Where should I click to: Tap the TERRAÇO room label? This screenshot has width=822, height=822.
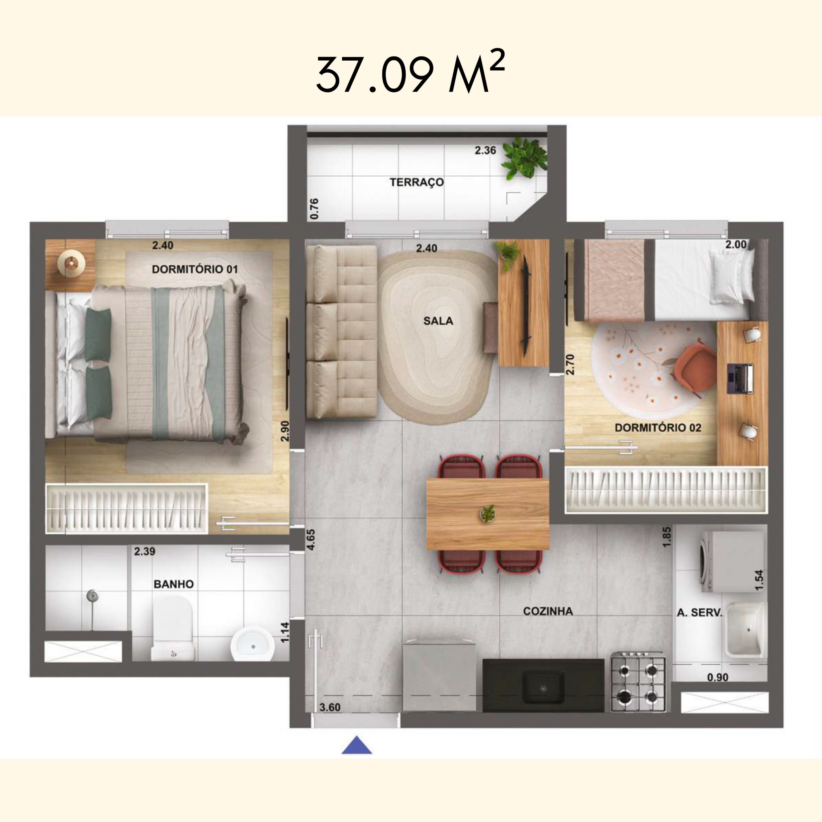(416, 182)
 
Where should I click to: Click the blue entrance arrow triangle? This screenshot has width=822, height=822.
(356, 745)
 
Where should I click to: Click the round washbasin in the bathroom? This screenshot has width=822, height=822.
(252, 644)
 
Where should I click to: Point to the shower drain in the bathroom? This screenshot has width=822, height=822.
(91, 596)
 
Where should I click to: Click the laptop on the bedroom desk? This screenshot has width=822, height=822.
(740, 378)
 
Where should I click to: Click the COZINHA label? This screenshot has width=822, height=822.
(547, 611)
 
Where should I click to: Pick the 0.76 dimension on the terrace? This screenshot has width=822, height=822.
(314, 208)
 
